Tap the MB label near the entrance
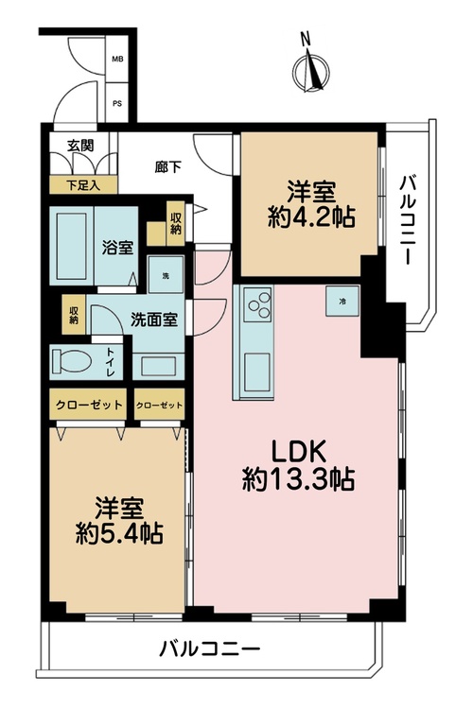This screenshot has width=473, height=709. [x=117, y=60]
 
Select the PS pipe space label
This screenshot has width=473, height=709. [x=117, y=104]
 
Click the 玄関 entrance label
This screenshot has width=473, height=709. [x=80, y=146]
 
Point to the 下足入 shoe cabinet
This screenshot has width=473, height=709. [x=83, y=185]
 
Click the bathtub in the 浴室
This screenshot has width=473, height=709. [x=72, y=246]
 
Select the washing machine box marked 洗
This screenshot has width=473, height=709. [x=166, y=275]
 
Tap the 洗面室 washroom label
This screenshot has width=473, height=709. [x=154, y=320]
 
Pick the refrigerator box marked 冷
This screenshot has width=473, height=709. [x=342, y=301]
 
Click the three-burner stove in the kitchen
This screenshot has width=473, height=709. [x=257, y=304]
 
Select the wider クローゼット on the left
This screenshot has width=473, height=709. [x=88, y=405]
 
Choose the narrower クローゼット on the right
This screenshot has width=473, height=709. [x=159, y=405]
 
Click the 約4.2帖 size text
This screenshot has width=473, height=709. [x=311, y=218]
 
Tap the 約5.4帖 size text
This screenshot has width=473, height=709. [x=119, y=533]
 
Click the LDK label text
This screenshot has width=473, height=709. [x=299, y=452]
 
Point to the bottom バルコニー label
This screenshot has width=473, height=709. [x=210, y=649]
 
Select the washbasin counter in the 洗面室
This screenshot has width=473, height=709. [x=158, y=366]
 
